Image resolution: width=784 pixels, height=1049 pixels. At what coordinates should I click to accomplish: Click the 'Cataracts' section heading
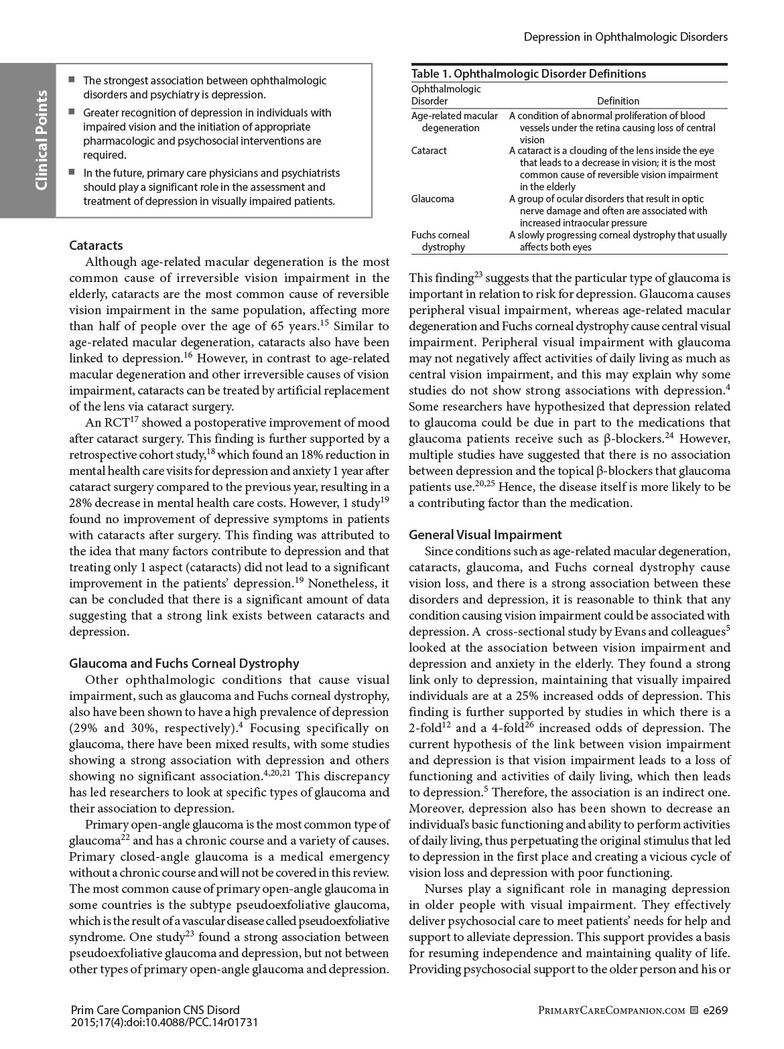coord(96,245)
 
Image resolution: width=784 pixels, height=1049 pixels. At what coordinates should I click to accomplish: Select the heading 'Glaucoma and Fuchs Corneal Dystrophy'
coord(184,663)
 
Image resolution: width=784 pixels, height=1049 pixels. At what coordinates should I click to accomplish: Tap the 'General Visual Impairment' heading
coord(485,535)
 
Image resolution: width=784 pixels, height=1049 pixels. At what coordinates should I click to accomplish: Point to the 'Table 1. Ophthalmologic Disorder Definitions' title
coord(528,74)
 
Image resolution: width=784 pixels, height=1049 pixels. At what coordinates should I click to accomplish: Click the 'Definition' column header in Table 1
coord(618,101)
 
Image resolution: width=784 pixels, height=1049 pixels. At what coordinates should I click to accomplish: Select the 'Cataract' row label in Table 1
coord(429,151)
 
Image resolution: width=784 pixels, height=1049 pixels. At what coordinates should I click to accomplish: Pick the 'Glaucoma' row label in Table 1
coord(432,199)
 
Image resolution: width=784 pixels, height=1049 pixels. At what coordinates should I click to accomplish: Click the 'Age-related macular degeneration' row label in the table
coord(454,122)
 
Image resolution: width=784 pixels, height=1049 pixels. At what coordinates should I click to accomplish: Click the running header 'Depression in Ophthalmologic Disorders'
coord(625,37)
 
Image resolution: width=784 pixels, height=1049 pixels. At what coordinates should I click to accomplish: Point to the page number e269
coord(715,1009)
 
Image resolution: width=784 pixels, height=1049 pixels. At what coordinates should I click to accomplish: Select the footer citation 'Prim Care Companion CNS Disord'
coord(155,1009)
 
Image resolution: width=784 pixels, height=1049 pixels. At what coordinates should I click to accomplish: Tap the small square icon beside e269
coord(694,1009)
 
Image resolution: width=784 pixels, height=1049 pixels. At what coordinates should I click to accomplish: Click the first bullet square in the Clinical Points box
coord(72,80)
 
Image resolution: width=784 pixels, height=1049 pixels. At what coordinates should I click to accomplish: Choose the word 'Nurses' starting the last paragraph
coord(442,889)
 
